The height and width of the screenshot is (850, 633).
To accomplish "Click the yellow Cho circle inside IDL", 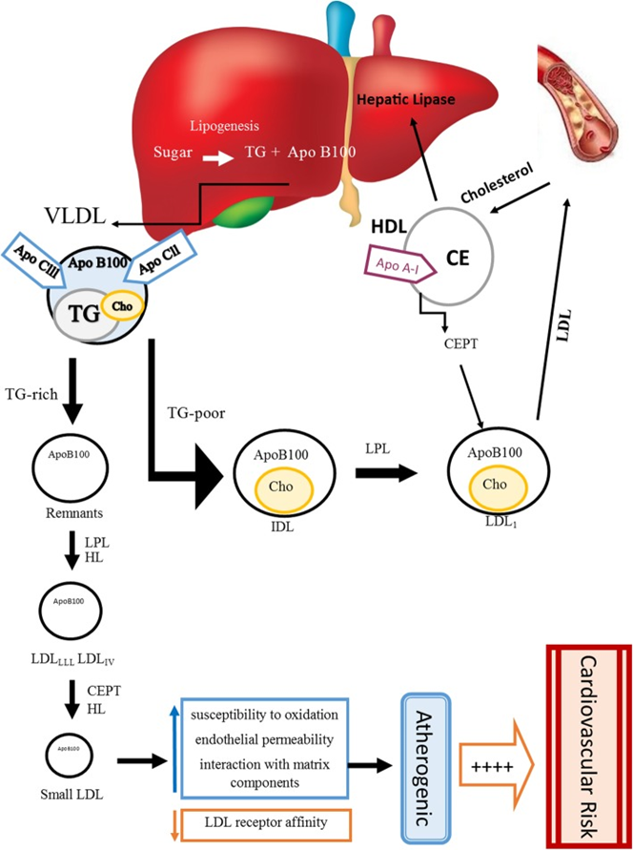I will pos(283,487).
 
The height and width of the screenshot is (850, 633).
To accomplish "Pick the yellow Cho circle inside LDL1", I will pos(494,485).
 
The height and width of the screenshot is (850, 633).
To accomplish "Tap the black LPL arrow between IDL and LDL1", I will pos(395,471).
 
